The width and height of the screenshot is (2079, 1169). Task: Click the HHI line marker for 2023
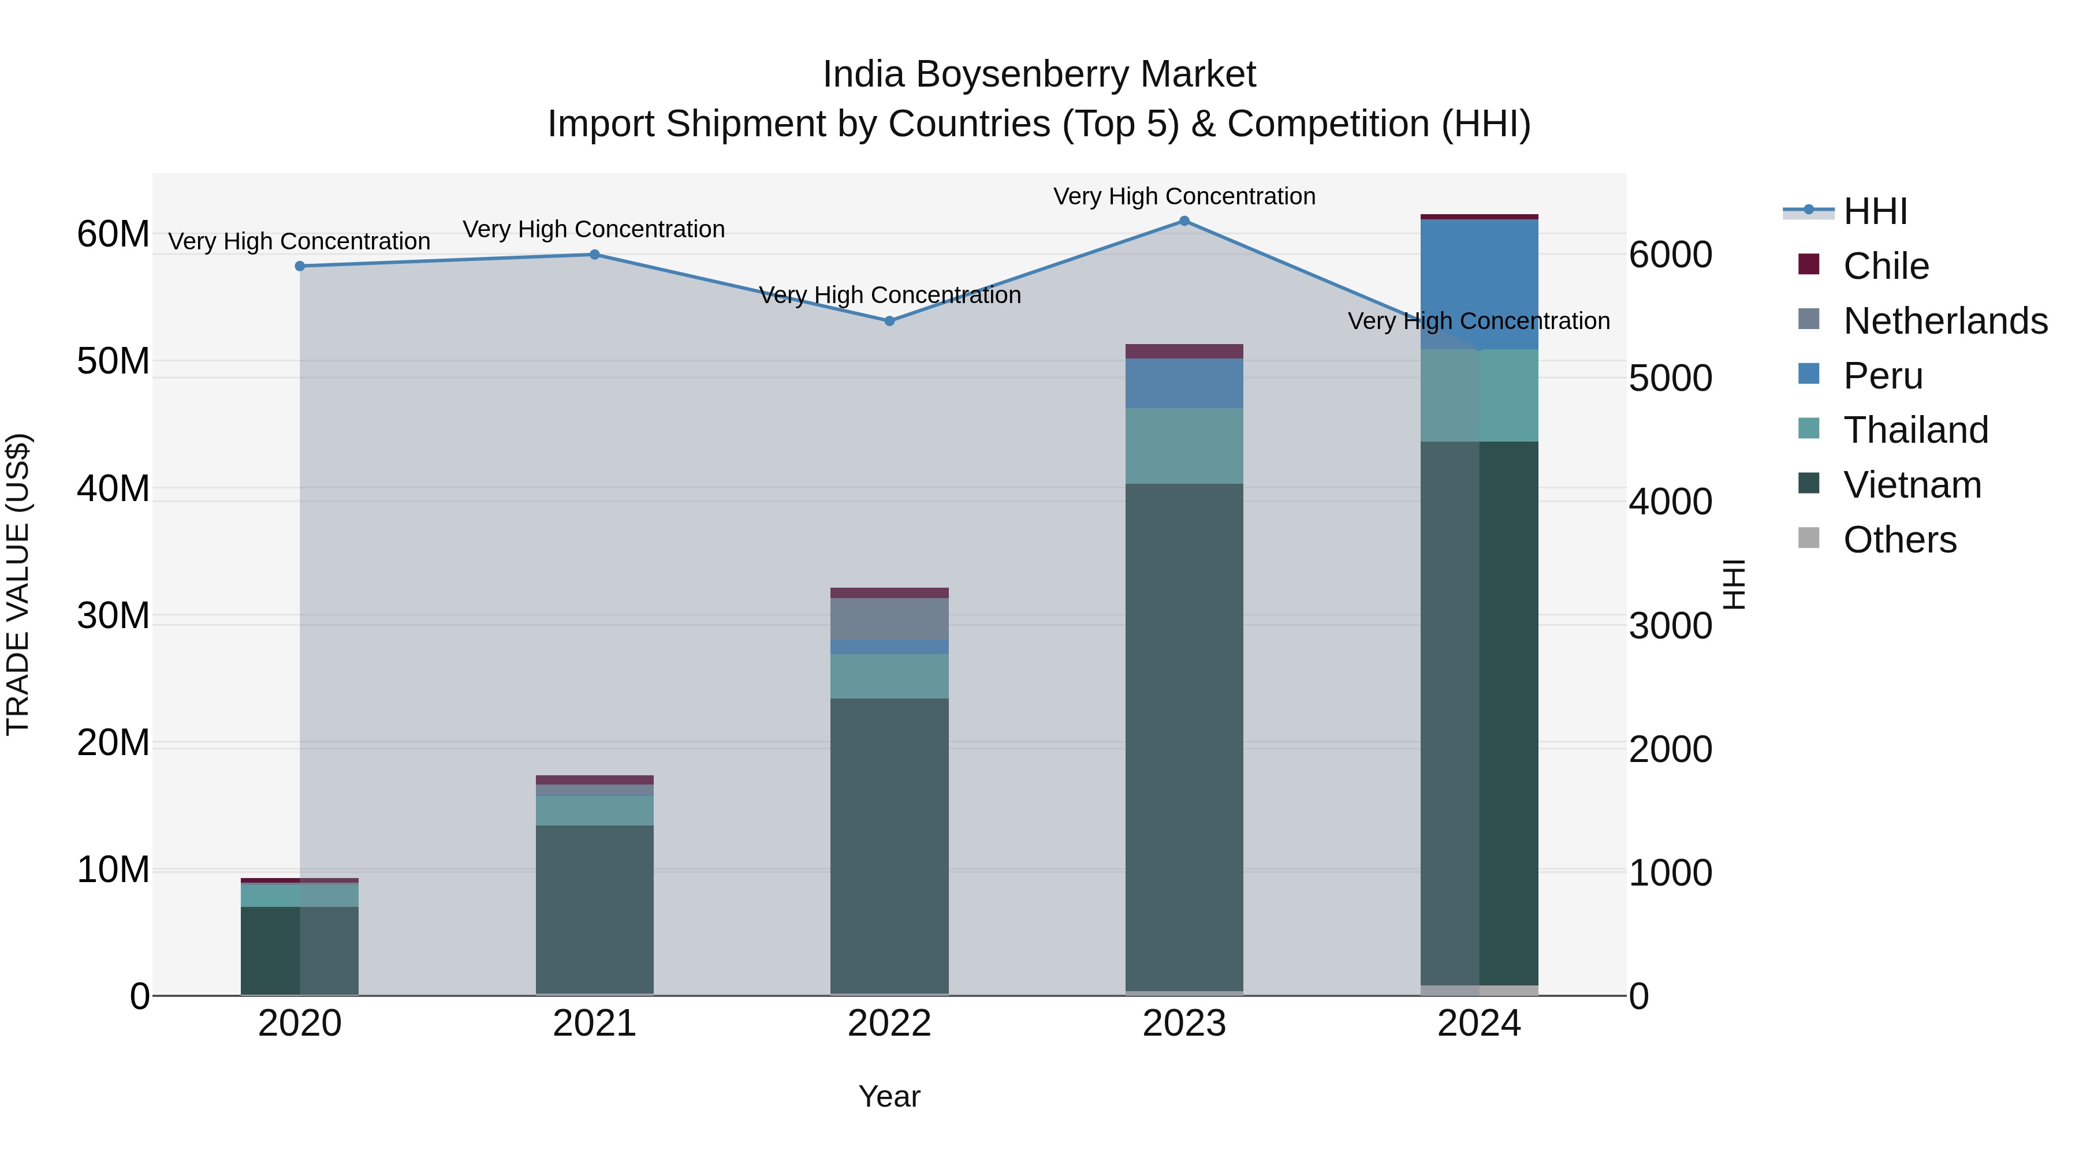(x=1184, y=221)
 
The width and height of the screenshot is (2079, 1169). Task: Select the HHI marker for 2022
(x=889, y=321)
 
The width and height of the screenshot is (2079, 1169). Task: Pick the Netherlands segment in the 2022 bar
(x=889, y=619)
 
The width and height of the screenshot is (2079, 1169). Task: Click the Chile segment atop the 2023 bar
(x=1184, y=351)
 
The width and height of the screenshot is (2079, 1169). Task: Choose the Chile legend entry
(x=1886, y=266)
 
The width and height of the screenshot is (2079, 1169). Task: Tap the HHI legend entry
(x=1874, y=211)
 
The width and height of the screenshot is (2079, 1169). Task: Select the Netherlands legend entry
(x=1944, y=321)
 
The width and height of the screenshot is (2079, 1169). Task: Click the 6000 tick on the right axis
(x=1670, y=255)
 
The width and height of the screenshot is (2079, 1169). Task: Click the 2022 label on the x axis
(x=889, y=1024)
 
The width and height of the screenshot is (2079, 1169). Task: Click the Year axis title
(x=889, y=1096)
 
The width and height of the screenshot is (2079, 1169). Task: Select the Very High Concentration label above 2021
(x=594, y=229)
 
